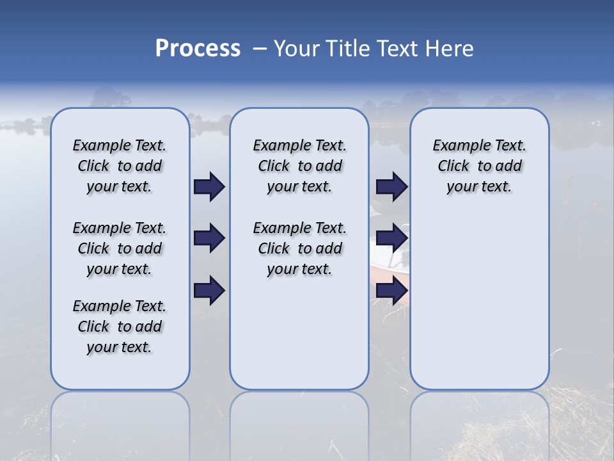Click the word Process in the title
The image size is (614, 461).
[x=198, y=49]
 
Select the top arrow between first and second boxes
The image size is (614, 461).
[x=209, y=187]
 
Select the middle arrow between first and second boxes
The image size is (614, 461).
[x=209, y=239]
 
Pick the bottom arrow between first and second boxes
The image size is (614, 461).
[x=209, y=291]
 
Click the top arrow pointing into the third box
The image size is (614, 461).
[x=391, y=187]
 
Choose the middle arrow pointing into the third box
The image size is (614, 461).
[x=391, y=239]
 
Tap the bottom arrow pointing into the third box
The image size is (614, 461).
[x=391, y=291]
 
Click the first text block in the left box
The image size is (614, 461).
[x=120, y=166]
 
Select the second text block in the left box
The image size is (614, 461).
[x=120, y=248]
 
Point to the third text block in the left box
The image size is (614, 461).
[x=120, y=327]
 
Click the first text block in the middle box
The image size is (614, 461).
[x=299, y=166]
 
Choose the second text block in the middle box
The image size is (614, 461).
[x=299, y=248]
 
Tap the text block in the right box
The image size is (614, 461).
[x=479, y=166]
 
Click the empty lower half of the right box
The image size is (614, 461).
[x=479, y=301]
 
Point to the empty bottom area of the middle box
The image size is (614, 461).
[x=299, y=339]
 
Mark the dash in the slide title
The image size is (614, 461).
[x=260, y=49]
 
